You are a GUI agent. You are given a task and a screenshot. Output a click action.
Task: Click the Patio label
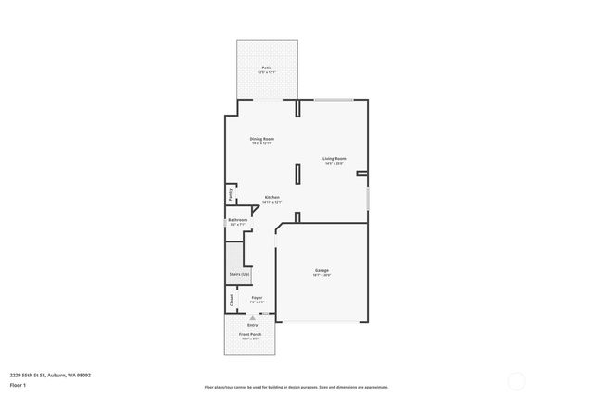(267, 68)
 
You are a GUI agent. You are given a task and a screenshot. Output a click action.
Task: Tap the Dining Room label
(262, 140)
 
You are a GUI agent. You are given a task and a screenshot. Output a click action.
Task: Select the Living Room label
(334, 159)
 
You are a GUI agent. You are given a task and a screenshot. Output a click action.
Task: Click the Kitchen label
(272, 197)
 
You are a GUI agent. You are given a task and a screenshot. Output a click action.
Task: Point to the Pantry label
(231, 194)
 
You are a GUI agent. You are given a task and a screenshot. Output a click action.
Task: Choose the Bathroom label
(238, 220)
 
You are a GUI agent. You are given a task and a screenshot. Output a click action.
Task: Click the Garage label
(322, 271)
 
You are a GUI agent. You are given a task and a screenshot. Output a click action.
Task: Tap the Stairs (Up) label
(239, 274)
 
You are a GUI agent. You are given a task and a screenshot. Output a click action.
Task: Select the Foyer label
(257, 298)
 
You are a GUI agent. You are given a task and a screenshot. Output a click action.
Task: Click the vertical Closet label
(231, 301)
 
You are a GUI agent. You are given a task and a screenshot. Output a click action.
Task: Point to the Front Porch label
(251, 334)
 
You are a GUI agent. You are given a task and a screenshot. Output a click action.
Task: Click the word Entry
(251, 324)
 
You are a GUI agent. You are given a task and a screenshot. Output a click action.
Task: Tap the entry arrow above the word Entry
(251, 317)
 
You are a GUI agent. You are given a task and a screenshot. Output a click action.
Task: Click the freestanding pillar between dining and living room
(297, 175)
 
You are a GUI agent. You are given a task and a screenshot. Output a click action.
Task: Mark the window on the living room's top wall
(333, 99)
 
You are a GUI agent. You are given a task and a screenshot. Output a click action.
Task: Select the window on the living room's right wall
(368, 198)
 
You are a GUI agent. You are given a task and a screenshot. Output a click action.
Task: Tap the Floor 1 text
(18, 384)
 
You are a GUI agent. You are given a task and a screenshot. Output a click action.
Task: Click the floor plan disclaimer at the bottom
(296, 387)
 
